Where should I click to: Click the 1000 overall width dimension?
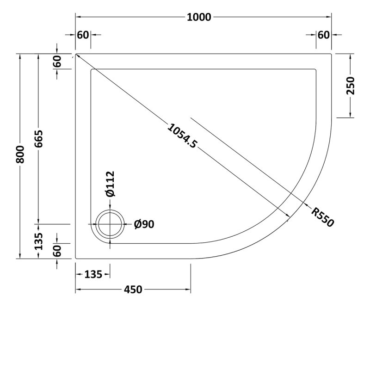(x=199, y=17)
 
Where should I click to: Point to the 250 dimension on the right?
(x=350, y=86)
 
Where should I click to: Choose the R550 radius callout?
(x=322, y=216)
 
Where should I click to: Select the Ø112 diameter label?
(x=110, y=184)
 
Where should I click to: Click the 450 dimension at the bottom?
(x=132, y=290)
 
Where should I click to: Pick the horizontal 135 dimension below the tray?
(x=93, y=274)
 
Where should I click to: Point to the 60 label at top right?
(x=323, y=35)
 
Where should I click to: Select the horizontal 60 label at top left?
(x=83, y=35)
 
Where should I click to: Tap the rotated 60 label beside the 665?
(x=57, y=62)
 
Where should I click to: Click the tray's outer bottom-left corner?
(x=76, y=259)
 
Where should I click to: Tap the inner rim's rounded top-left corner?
(x=93, y=71)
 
